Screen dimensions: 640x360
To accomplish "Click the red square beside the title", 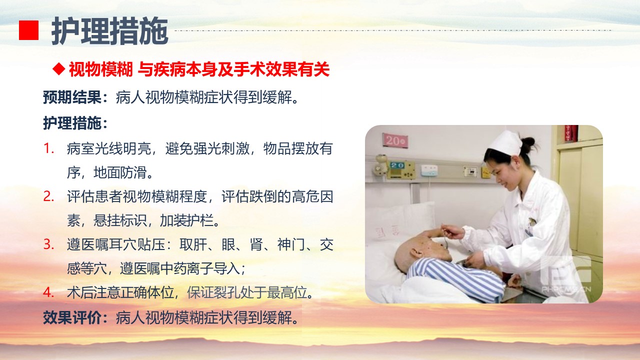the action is click(x=28, y=30).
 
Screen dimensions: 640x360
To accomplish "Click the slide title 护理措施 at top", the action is click(x=109, y=31).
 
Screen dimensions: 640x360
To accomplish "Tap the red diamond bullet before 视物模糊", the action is click(x=59, y=69).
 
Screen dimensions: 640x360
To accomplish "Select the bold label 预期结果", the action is click(x=72, y=97).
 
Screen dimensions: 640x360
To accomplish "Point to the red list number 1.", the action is click(x=48, y=148).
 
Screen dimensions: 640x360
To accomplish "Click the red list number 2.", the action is click(x=48, y=196).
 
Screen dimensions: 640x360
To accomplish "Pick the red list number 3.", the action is click(x=48, y=244).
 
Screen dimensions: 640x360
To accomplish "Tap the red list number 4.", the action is click(x=48, y=292).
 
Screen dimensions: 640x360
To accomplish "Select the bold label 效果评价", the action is click(x=72, y=317).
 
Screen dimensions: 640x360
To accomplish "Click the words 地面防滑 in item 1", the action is click(x=120, y=172).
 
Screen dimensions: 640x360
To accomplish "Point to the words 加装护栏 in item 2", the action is click(x=186, y=220).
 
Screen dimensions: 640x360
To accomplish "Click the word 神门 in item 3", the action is click(x=291, y=244).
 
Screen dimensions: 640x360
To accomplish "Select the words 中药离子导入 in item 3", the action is click(x=199, y=268).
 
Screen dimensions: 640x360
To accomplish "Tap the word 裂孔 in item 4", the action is click(x=226, y=292).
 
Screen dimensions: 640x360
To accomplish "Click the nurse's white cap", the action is click(x=505, y=143).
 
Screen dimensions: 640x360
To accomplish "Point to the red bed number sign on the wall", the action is click(x=395, y=140).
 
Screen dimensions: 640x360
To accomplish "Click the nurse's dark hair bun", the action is click(x=528, y=143).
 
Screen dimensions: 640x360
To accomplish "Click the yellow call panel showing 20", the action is click(x=401, y=169).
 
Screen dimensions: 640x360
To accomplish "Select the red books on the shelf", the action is click(x=571, y=133).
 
